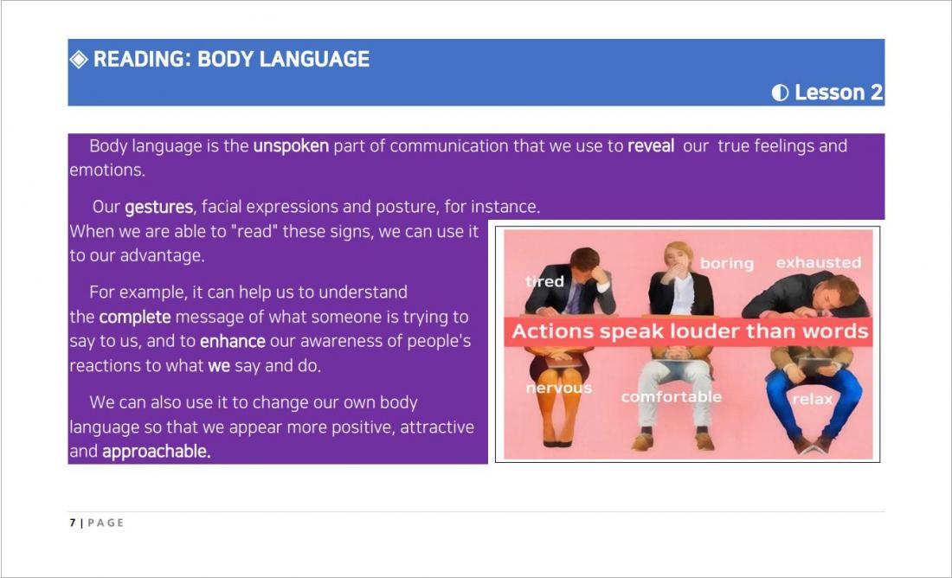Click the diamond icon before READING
[79, 59]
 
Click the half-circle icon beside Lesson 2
[780, 93]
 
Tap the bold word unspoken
[291, 146]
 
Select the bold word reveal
[651, 145]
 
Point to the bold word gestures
[159, 208]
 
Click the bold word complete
[135, 318]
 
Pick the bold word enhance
[233, 341]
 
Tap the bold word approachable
[157, 452]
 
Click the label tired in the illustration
[544, 281]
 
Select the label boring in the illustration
[727, 264]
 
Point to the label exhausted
[819, 262]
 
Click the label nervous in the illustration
[558, 388]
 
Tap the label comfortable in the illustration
[671, 396]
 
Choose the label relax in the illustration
[813, 399]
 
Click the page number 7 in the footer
[72, 523]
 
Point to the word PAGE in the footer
[106, 523]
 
